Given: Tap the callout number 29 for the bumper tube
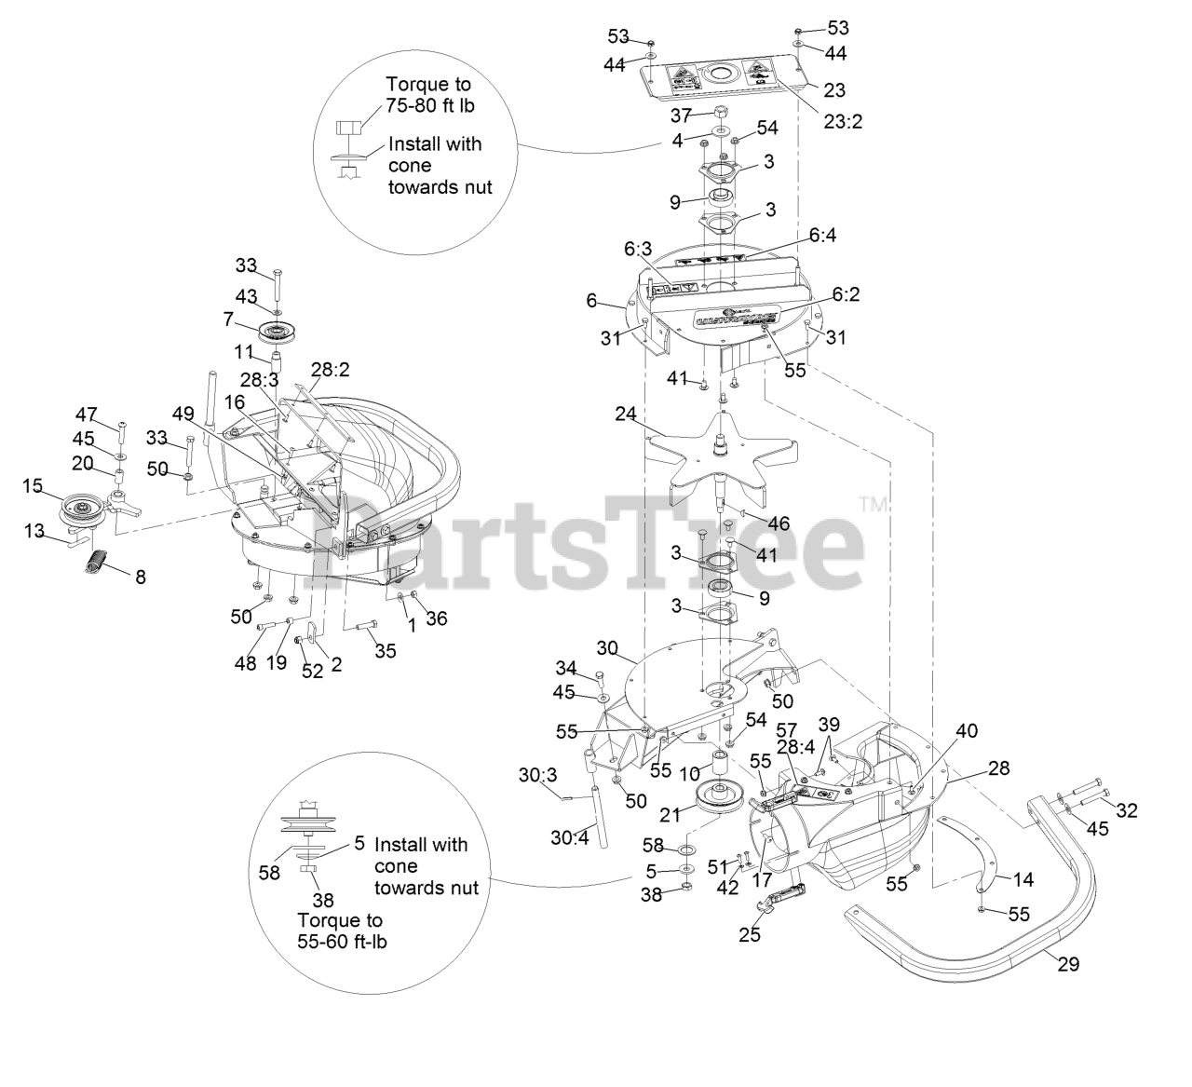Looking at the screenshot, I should click(x=1068, y=964).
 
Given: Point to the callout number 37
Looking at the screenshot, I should click(x=681, y=115).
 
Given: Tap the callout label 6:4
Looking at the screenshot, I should click(x=822, y=237).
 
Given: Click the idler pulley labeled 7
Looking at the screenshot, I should click(x=275, y=331).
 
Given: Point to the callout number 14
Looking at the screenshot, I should click(x=1023, y=878).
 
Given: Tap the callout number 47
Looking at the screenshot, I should click(x=86, y=414).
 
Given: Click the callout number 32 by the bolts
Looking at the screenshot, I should click(x=1126, y=810).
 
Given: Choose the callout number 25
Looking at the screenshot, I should click(x=750, y=934).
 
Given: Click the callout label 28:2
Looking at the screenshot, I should click(x=330, y=369).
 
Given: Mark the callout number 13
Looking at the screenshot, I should click(x=34, y=530).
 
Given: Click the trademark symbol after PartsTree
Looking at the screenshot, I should click(x=874, y=504).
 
